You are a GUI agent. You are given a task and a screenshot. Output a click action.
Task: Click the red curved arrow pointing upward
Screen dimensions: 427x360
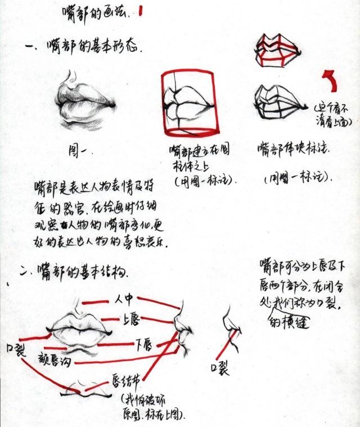(329, 79)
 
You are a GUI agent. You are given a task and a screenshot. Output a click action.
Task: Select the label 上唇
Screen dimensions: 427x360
(130, 320)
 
